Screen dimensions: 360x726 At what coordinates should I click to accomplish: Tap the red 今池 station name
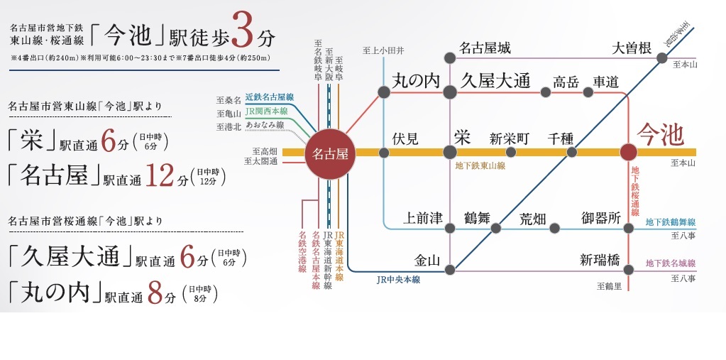[659, 134]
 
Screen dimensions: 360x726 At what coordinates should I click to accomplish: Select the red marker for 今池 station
[628, 152]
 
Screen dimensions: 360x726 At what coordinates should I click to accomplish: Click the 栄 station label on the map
[463, 137]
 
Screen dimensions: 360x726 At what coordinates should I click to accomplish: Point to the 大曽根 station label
[632, 48]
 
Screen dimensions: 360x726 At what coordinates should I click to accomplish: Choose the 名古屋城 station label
[485, 48]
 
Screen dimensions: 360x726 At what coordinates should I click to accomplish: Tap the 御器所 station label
[601, 217]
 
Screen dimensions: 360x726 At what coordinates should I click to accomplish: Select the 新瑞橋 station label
[600, 260]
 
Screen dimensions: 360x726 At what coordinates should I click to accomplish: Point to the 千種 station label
[561, 138]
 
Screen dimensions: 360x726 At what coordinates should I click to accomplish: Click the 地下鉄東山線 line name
[480, 165]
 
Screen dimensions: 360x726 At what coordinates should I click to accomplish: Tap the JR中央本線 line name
[398, 280]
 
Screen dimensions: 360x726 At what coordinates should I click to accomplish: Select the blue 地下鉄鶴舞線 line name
[670, 222]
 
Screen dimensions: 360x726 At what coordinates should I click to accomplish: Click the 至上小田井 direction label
[383, 50]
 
